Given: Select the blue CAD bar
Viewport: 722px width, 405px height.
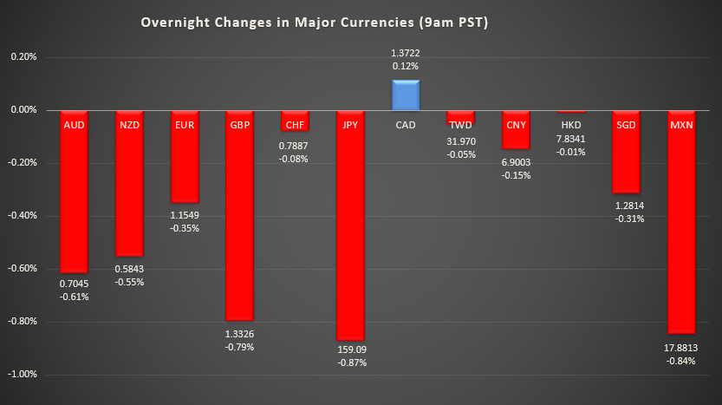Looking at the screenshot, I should coord(406,95).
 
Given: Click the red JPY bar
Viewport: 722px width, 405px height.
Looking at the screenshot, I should coord(350,225).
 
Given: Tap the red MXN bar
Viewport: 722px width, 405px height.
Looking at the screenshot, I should coord(681,221).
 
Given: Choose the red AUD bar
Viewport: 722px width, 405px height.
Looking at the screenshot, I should coord(74,191).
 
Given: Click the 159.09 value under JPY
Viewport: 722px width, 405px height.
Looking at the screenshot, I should coord(351,350).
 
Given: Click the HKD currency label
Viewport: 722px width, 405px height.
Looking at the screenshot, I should coord(571,125).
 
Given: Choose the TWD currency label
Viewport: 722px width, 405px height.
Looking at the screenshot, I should coord(460,126).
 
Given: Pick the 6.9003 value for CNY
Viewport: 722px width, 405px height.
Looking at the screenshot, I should coord(516,162).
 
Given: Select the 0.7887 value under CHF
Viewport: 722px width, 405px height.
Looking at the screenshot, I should coord(295,146).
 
